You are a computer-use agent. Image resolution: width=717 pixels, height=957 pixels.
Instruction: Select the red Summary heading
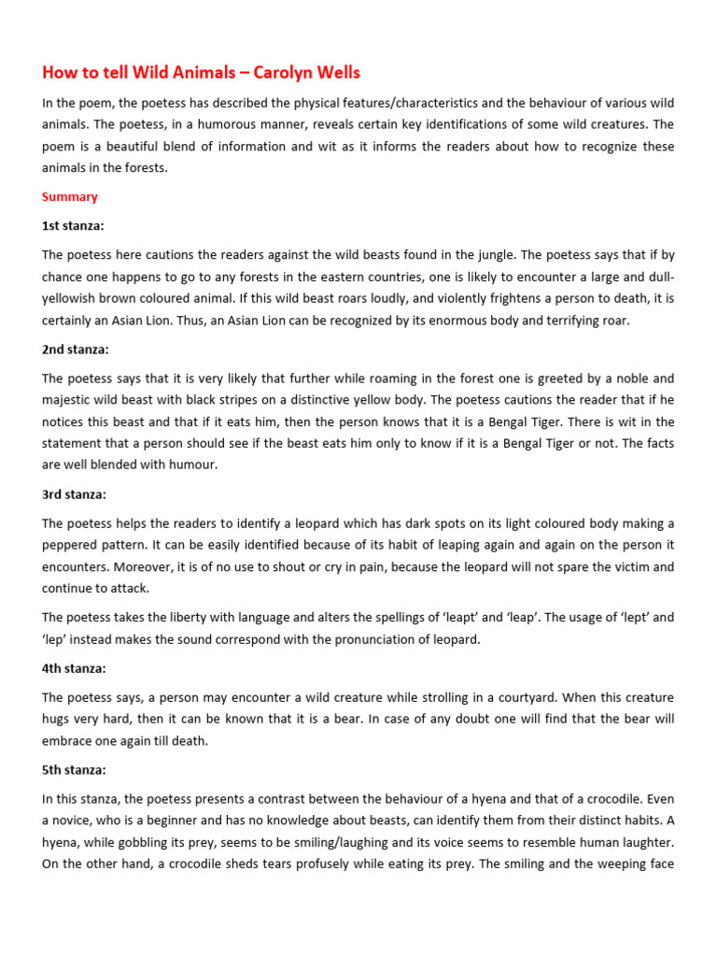[69, 197]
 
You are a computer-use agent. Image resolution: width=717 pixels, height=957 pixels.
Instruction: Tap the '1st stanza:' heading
[75, 226]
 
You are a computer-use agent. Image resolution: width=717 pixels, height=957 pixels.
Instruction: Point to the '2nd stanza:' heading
[76, 350]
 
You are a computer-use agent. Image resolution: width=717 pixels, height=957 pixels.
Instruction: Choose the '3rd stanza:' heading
[75, 494]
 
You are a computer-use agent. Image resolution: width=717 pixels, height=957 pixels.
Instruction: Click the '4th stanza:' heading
[75, 668]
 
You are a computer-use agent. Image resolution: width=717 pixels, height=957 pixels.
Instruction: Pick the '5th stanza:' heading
[75, 770]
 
